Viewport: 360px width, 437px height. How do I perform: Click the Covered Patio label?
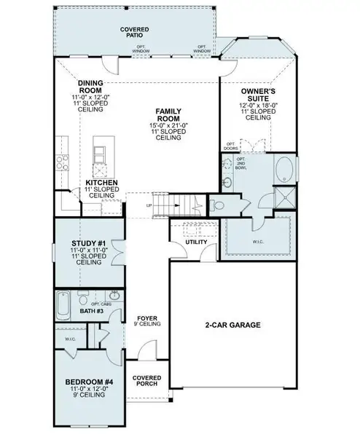tap(134, 31)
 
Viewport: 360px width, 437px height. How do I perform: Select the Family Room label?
tap(167, 115)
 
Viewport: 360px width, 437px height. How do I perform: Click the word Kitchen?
tap(101, 183)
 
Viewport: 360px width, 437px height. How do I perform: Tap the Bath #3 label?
tap(91, 311)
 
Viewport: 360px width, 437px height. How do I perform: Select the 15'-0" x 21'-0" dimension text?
tap(167, 125)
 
